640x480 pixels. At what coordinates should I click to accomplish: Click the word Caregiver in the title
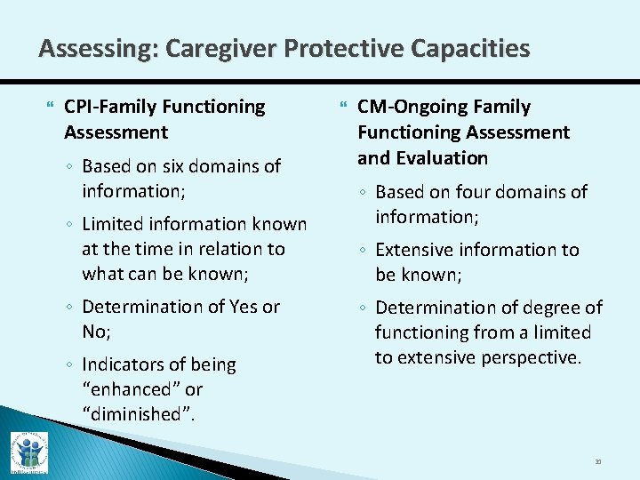click(203, 48)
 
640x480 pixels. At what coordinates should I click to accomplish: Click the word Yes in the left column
click(243, 308)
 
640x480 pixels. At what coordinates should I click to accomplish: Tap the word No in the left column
click(94, 332)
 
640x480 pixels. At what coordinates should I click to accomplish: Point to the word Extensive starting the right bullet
click(418, 251)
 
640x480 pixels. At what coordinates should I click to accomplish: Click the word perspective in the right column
click(531, 357)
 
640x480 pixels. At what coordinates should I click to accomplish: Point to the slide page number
click(598, 461)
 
